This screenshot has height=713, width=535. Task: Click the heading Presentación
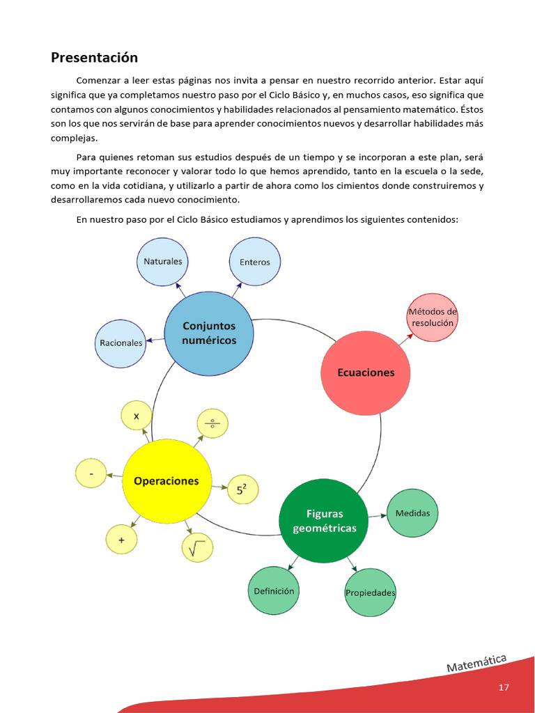click(94, 57)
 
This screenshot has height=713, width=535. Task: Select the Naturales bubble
click(162, 262)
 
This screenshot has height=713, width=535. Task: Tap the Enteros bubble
click(254, 262)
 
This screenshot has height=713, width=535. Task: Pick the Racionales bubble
click(120, 343)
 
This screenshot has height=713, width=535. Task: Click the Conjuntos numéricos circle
click(208, 333)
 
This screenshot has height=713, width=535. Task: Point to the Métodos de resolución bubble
click(432, 318)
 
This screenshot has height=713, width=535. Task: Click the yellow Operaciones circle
click(167, 480)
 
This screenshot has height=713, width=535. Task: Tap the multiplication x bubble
click(137, 416)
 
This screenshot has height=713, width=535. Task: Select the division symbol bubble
click(212, 423)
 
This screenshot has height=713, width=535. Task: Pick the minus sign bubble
click(91, 473)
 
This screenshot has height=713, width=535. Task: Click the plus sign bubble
click(122, 540)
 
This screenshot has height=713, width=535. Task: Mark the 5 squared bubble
click(242, 490)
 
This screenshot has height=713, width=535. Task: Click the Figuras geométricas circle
click(324, 521)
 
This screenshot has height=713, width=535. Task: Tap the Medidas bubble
click(412, 513)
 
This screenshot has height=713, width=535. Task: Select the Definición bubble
click(274, 591)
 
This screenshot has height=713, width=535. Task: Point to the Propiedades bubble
click(371, 593)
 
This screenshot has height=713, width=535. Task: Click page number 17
click(504, 687)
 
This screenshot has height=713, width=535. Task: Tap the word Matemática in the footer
click(477, 663)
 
